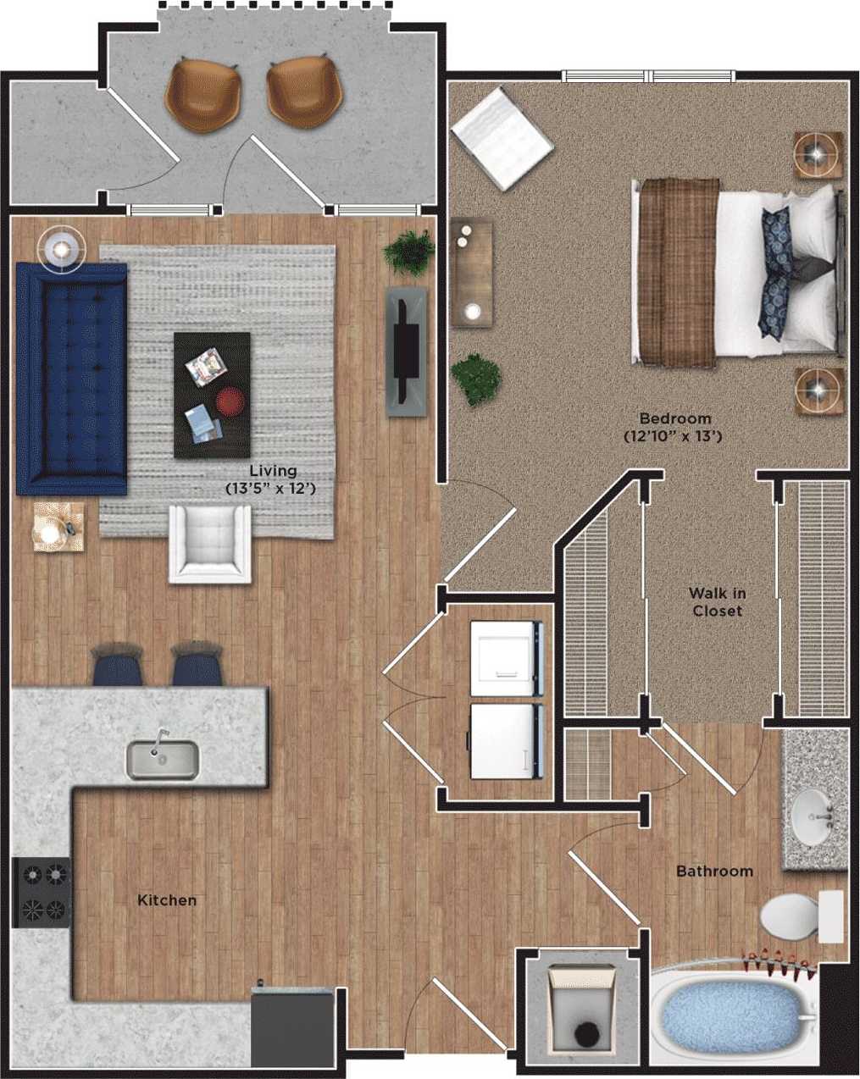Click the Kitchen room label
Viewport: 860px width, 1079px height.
click(x=167, y=900)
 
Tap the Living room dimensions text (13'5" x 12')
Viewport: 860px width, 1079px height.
click(x=271, y=489)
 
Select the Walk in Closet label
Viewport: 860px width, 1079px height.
click(x=717, y=602)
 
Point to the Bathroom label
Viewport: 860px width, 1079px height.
click(x=714, y=871)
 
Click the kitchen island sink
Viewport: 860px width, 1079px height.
click(x=163, y=759)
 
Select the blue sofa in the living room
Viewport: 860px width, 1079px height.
click(x=71, y=378)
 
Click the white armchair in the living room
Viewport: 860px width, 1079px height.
click(x=210, y=543)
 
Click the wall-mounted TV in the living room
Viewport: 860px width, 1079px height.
click(x=407, y=351)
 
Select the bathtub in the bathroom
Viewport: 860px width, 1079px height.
click(x=734, y=1017)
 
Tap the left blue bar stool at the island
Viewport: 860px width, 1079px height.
click(x=116, y=664)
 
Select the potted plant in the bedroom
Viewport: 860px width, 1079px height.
click(x=475, y=379)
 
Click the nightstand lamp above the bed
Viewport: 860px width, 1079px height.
click(x=818, y=154)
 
